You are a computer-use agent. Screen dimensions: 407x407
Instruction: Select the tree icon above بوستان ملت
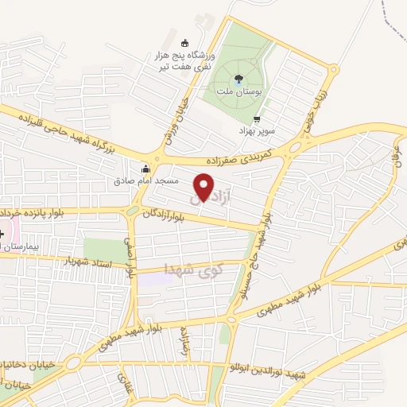239,78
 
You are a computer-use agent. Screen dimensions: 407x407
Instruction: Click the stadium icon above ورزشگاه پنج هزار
185,42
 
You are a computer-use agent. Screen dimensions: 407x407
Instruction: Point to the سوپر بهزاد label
259,130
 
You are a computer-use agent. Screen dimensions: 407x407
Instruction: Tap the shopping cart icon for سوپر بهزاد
256,118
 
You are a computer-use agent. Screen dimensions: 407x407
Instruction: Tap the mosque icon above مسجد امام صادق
145,169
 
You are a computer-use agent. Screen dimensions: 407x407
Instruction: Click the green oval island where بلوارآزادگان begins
130,211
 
